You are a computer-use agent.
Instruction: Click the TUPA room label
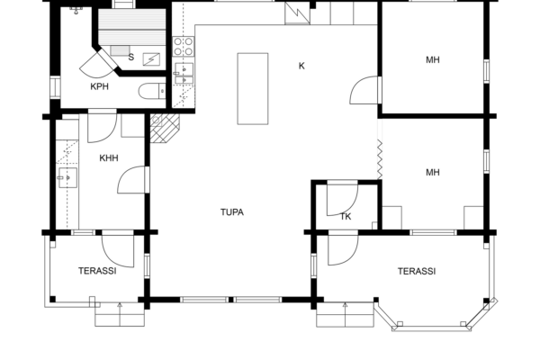coord(232,212)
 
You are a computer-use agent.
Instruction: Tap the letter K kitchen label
coord(301,66)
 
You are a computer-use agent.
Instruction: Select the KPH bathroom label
coord(100,86)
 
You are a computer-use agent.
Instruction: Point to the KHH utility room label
coord(109,158)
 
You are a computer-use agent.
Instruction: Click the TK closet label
coord(346,217)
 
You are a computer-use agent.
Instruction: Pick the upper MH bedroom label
coord(433,60)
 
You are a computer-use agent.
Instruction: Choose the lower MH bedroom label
coord(433,172)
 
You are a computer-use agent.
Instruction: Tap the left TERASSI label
coord(97,271)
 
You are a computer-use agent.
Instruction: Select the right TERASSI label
coord(417,272)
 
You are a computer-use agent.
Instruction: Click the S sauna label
coord(131,58)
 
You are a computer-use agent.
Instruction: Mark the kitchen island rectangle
coord(253,88)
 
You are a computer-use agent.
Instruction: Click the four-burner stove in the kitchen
coord(184,47)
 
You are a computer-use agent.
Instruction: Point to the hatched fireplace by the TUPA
coord(165,128)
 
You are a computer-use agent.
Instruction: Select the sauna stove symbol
coord(151,59)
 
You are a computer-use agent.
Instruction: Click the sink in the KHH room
coord(67,178)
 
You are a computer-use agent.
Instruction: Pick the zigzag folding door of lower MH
coord(380,159)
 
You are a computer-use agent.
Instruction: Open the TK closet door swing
coord(342,199)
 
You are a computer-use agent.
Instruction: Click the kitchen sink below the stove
coord(184,74)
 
